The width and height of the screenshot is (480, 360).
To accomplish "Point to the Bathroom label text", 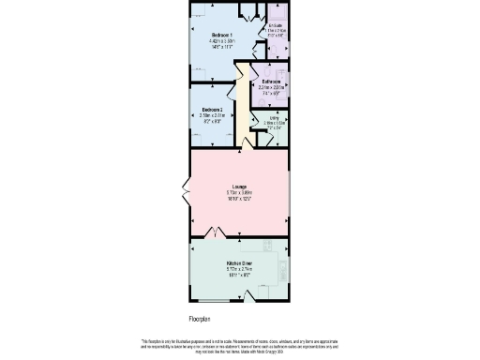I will (270, 82).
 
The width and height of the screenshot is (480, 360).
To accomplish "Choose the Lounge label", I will (239, 187).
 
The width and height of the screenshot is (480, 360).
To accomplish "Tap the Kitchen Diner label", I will (239, 263).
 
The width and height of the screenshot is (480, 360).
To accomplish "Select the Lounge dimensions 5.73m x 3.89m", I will (239, 193).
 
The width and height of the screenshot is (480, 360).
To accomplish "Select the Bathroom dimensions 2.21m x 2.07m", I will (270, 89).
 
